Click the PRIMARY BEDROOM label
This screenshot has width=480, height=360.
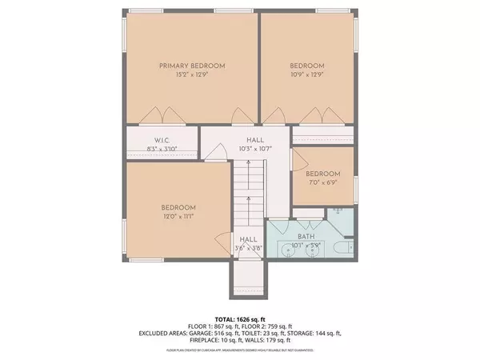pyautogui.click(x=192, y=66)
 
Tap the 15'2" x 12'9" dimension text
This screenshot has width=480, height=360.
pyautogui.click(x=192, y=74)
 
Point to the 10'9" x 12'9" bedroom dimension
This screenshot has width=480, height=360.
pyautogui.click(x=307, y=74)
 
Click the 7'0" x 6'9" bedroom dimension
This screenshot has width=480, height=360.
pyautogui.click(x=323, y=182)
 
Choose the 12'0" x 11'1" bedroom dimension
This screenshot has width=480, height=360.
pyautogui.click(x=178, y=215)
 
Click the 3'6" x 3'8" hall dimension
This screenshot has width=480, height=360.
pyautogui.click(x=247, y=248)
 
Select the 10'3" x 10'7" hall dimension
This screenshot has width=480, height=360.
pyautogui.click(x=254, y=149)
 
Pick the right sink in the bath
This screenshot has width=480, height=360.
pyautogui.click(x=313, y=250)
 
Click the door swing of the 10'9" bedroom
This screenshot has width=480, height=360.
pyautogui.click(x=278, y=118)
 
